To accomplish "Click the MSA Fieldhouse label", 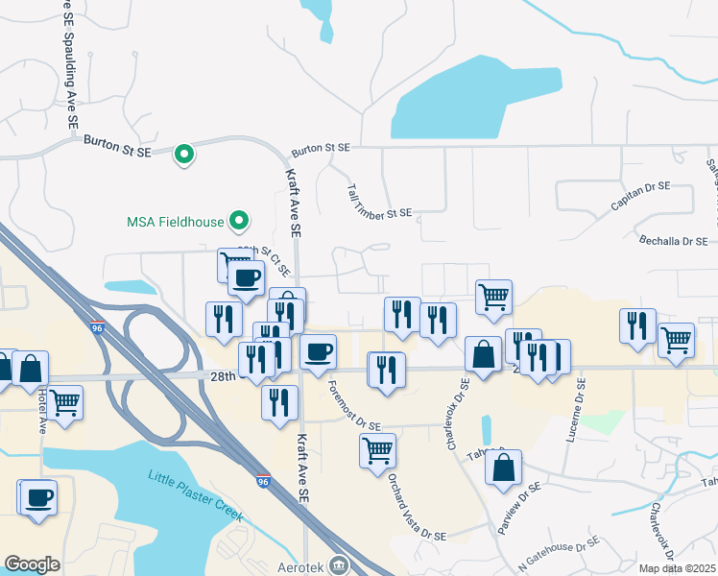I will (175, 222).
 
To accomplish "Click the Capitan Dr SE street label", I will (640, 196).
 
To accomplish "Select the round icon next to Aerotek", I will (337, 564).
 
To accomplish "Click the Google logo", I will (32, 564).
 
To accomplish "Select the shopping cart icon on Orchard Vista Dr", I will (377, 449).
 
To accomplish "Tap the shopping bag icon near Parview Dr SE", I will (503, 468).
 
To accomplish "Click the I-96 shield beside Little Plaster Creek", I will (262, 481).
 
